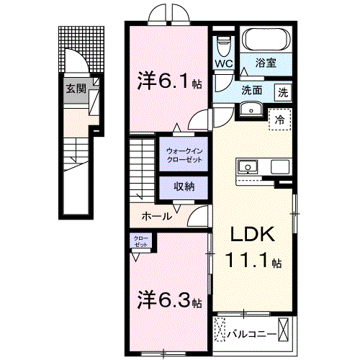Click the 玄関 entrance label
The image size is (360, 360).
click(76, 89)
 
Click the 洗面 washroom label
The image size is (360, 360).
click(251, 91)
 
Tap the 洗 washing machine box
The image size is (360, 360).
click(283, 91)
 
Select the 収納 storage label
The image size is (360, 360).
click(184, 186)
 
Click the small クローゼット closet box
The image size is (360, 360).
click(140, 242)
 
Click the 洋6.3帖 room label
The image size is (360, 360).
click(168, 299)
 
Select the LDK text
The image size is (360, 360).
click(251, 235)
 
